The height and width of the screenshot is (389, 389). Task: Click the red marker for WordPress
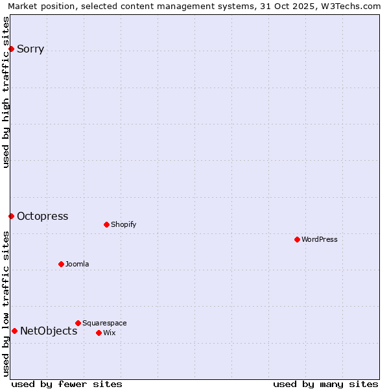[x=298, y=239]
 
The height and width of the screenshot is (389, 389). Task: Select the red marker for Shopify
[x=106, y=224]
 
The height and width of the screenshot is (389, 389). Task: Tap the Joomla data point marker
[x=62, y=264]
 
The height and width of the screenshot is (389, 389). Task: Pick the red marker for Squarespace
[x=78, y=323]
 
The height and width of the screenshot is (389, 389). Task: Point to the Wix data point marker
[x=99, y=333]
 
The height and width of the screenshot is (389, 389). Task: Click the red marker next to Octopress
[x=11, y=216]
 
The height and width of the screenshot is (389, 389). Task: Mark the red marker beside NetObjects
[x=14, y=331]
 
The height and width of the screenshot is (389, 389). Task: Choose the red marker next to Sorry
[x=11, y=49]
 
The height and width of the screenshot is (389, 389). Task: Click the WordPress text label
[x=320, y=239]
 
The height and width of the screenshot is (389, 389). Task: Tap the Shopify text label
[x=123, y=224]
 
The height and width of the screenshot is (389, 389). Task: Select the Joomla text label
[x=77, y=264]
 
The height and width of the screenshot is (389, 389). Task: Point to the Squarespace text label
[x=104, y=323]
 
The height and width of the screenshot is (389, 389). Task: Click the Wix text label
[x=109, y=333]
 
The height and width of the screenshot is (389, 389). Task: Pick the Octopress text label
[x=42, y=216]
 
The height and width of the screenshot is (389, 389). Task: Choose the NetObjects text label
[x=49, y=331]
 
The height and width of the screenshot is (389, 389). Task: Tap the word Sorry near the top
[x=30, y=49]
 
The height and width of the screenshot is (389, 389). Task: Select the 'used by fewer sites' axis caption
[x=67, y=384]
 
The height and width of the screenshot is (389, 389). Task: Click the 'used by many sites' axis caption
[x=325, y=384]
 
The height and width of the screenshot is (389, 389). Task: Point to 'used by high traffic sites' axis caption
[x=6, y=92]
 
